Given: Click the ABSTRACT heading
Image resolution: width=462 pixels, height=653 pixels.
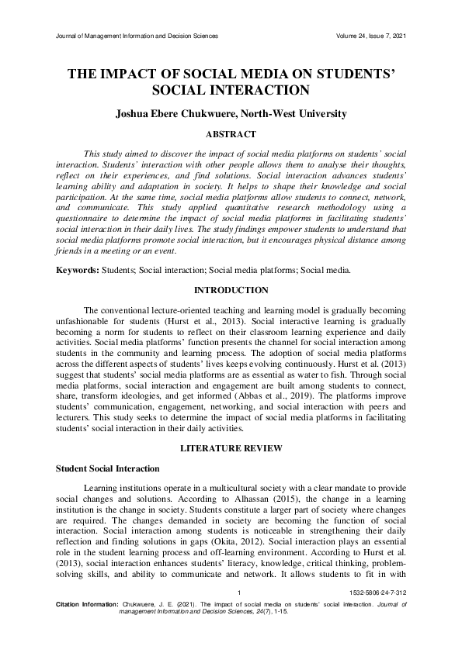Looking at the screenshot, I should pos(231,134).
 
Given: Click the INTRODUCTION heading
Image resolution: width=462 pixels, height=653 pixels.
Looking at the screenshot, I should pos(231,290).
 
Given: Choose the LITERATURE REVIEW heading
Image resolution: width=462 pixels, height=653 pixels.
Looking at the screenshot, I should pos(231,449).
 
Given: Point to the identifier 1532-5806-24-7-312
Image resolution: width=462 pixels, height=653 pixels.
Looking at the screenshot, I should pos(377,613).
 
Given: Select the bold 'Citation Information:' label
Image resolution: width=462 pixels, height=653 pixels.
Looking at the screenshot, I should pos(87,624).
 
